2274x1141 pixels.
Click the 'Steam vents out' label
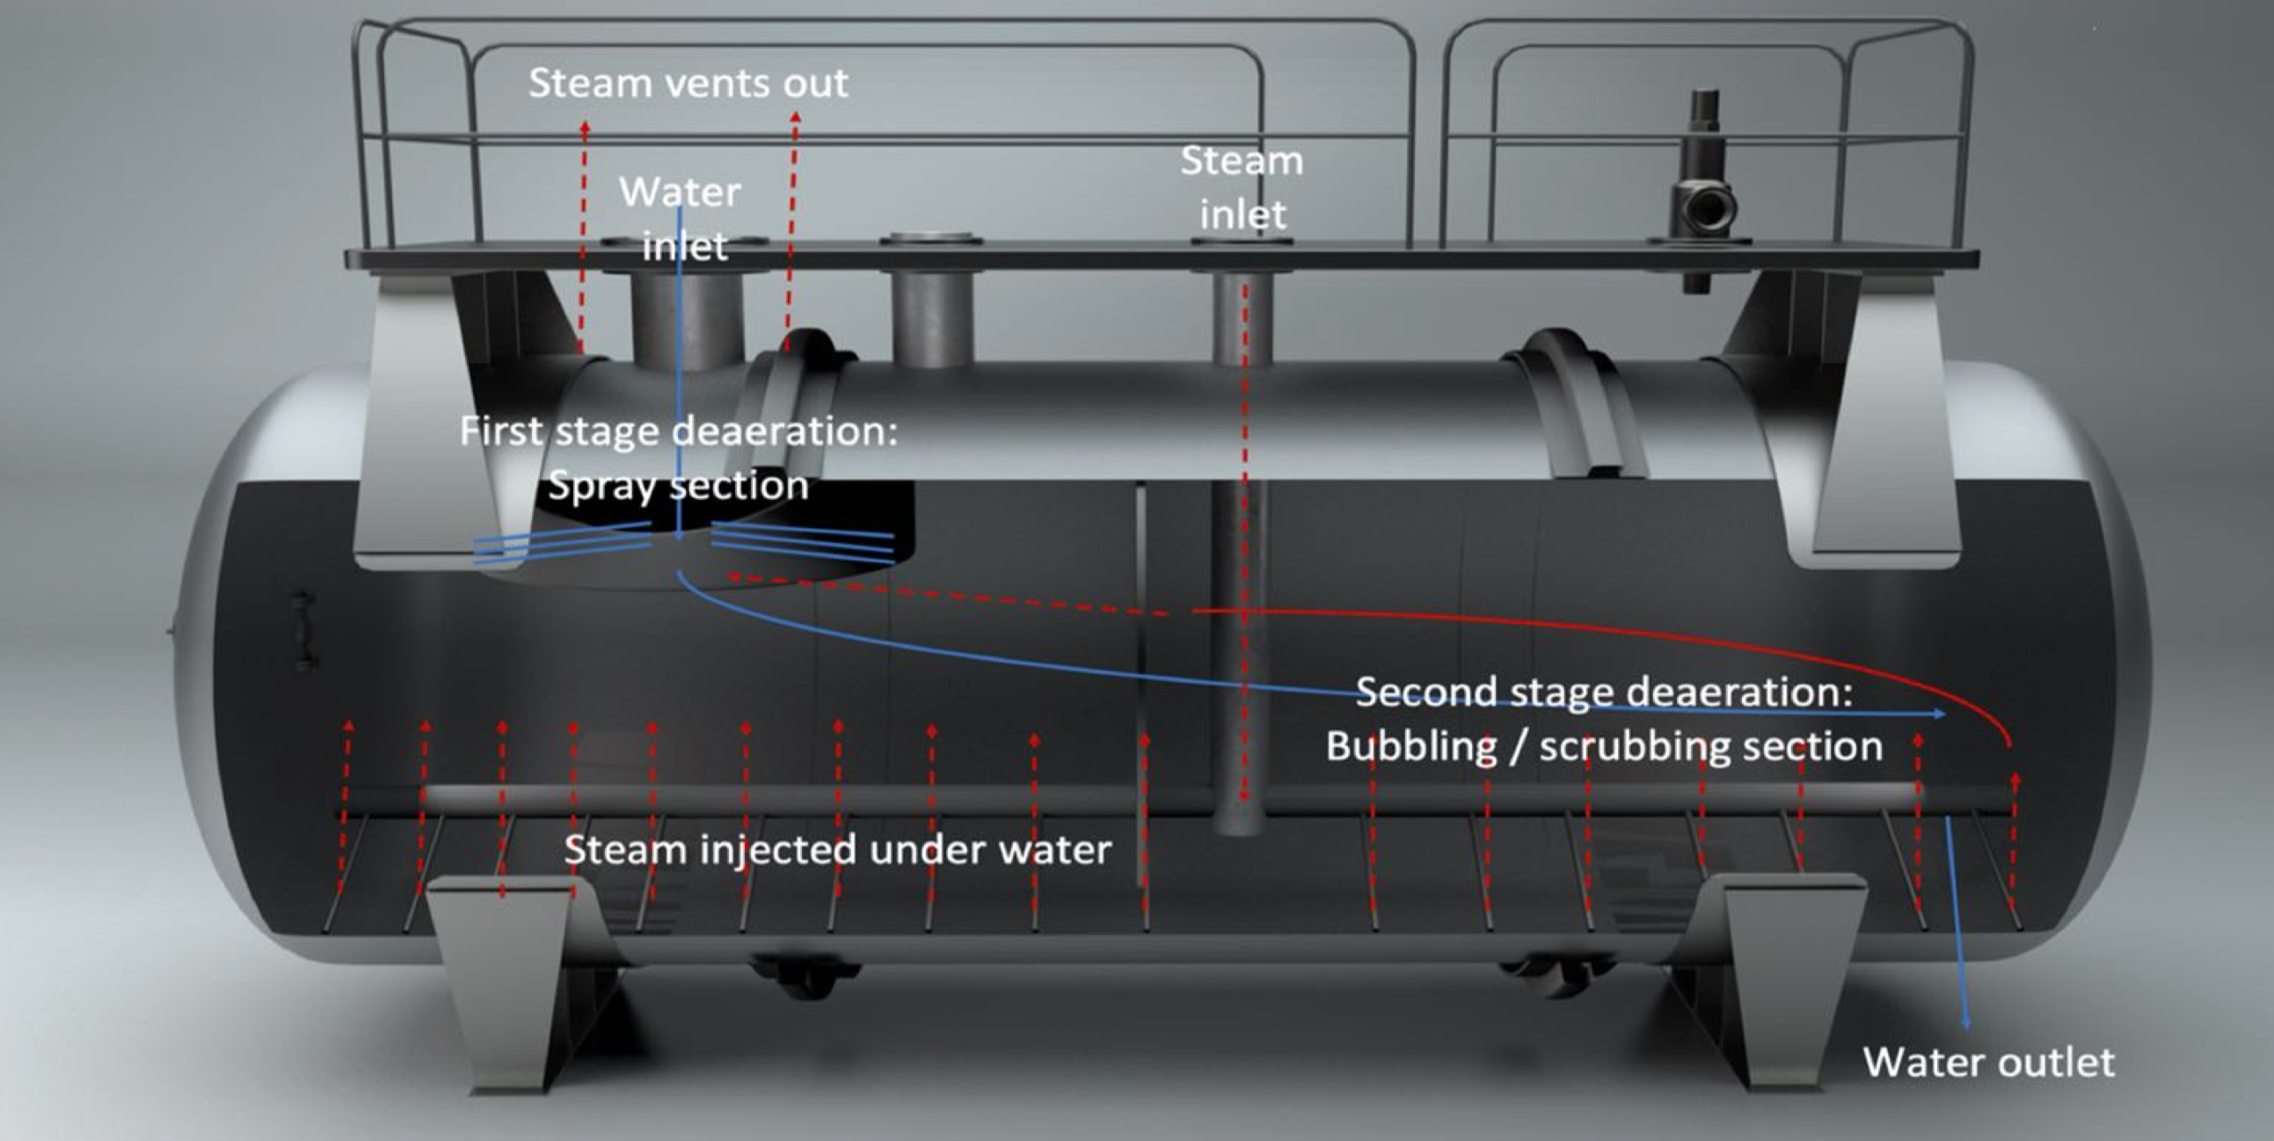tap(688, 84)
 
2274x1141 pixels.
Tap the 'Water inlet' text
tap(682, 219)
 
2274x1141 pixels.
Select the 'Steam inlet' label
tap(1242, 188)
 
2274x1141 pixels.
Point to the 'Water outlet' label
tap(1989, 1063)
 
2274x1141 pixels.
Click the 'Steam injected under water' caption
tap(838, 850)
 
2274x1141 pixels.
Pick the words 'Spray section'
tap(678, 487)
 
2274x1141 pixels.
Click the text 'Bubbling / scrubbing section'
tap(1604, 747)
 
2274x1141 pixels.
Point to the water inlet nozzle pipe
tap(687, 321)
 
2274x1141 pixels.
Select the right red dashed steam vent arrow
tap(791, 223)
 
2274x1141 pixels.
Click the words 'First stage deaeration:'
tap(678, 432)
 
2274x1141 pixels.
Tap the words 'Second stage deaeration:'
tap(1604, 693)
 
